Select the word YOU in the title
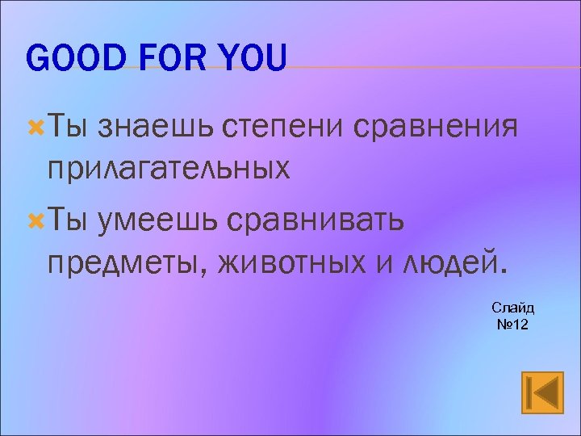tap(249, 59)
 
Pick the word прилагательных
tap(168, 169)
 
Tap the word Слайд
tap(512, 308)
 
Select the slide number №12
tap(512, 324)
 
